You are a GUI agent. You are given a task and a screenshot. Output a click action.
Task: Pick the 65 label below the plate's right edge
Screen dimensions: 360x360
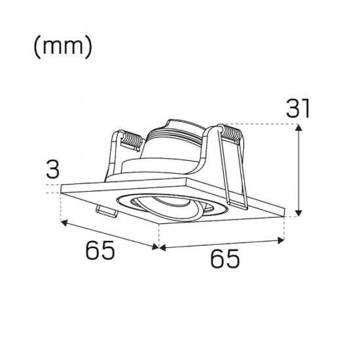[225, 260]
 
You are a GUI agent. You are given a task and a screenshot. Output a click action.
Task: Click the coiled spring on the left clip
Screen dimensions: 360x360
[129, 139]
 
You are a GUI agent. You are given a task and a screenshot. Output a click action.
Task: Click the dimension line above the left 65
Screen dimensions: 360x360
[109, 234]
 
